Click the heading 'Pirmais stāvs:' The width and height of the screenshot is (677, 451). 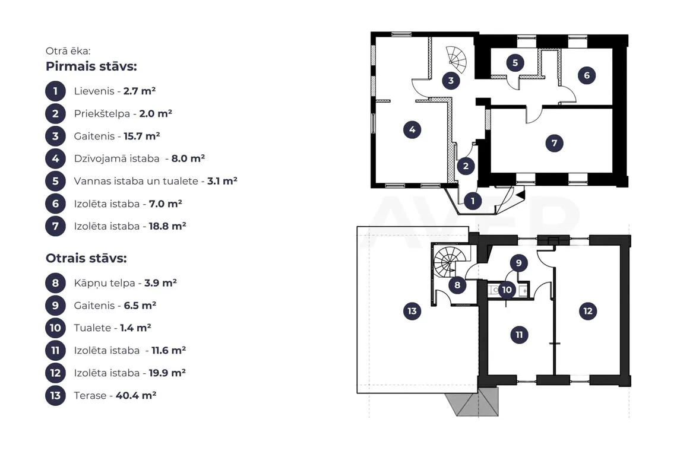91,66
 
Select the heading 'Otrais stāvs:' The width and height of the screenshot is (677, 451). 86,258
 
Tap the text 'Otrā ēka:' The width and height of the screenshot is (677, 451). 68,51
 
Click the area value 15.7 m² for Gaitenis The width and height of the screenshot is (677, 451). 141,136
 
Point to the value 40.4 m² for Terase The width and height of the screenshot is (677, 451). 136,395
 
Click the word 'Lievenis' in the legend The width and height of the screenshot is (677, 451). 94,91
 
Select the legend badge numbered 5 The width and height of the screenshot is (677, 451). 55,181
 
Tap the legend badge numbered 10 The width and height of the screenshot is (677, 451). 55,328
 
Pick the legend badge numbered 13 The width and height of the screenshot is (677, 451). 55,395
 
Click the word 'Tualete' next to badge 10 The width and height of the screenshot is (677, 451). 93,328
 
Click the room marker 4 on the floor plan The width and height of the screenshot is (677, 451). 412,129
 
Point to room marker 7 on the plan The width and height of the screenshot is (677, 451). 554,143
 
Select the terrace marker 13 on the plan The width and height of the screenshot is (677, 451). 412,311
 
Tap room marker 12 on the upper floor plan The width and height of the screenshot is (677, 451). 588,311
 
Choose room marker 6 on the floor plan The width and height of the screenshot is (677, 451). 586,75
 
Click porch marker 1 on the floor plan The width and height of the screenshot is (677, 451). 473,201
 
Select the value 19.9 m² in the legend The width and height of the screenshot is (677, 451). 167,373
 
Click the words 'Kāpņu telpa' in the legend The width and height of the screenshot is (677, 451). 105,283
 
